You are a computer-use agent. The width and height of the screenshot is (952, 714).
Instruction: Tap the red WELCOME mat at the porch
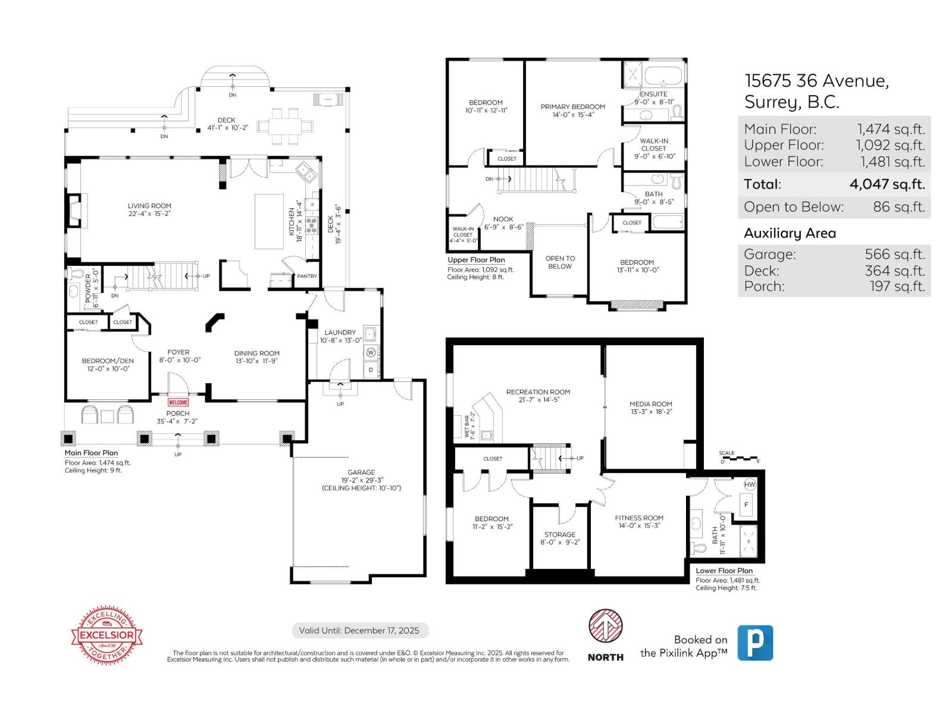178,402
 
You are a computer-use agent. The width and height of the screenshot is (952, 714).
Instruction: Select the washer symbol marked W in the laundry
371,352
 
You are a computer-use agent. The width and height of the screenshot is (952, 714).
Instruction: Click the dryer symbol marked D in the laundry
371,369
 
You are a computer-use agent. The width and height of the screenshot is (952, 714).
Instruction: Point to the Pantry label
307,276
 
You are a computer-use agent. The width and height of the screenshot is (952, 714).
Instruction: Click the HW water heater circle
749,484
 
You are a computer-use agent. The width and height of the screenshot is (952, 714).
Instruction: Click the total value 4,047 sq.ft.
887,184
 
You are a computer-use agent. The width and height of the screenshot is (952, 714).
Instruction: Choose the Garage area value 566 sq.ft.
894,255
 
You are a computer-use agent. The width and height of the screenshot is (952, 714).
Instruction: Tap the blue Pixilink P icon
755,643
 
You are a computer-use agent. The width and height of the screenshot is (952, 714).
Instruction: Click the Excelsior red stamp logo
107,635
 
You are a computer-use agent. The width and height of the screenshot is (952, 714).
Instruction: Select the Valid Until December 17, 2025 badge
360,631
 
